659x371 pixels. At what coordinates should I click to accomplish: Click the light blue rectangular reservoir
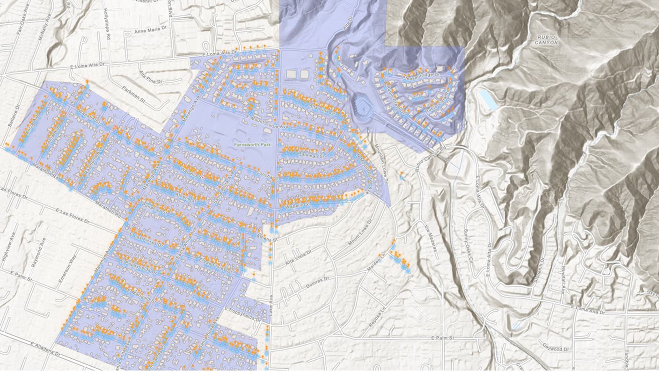tap(488, 100)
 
